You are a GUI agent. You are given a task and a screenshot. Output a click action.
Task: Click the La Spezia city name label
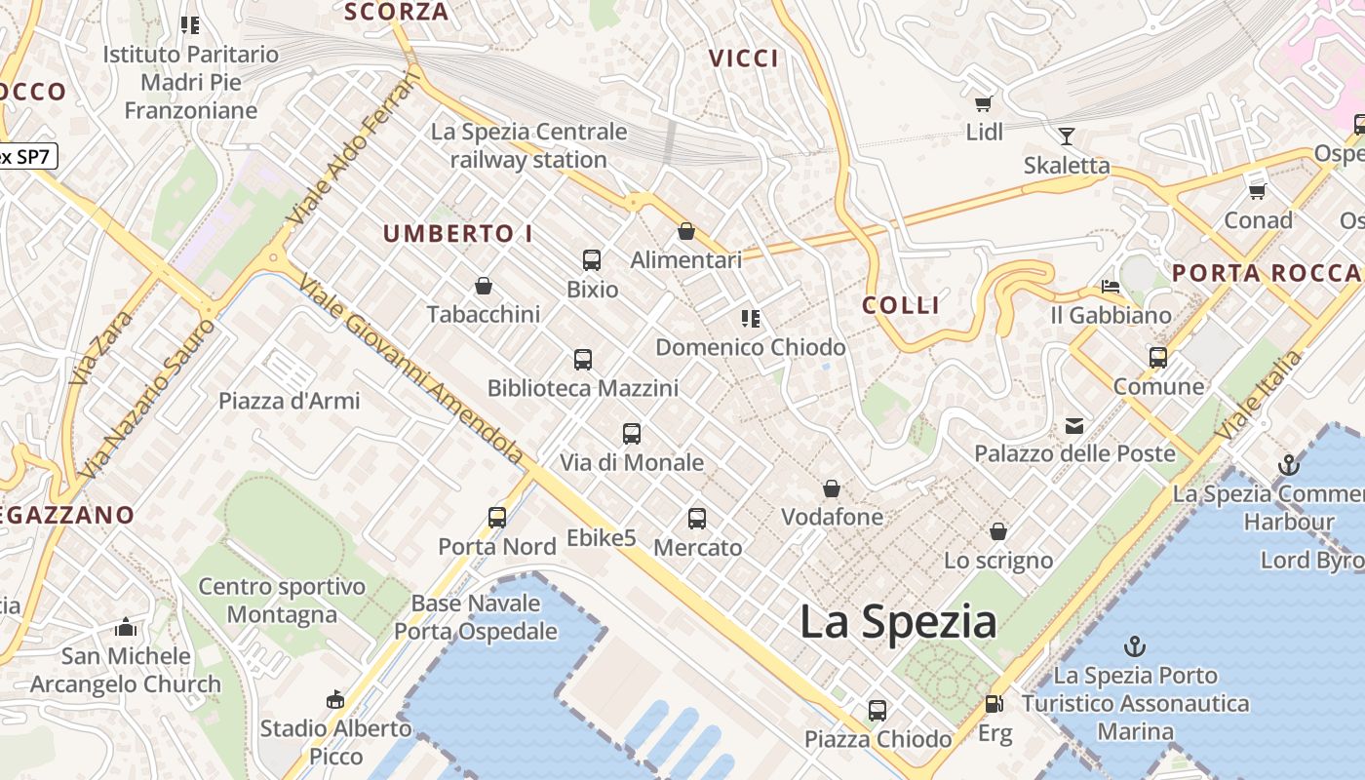click(x=898, y=622)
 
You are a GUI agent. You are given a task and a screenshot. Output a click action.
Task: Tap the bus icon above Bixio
click(x=592, y=260)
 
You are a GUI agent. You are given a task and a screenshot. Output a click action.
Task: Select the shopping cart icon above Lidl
click(x=984, y=102)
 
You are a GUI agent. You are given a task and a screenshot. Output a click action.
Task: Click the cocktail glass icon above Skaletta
click(x=1066, y=136)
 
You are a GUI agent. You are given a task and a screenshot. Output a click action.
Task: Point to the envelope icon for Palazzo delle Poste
click(x=1074, y=425)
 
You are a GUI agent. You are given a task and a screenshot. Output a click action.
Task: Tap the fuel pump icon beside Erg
click(x=994, y=703)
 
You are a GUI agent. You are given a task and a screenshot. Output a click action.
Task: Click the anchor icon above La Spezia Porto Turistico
click(x=1135, y=645)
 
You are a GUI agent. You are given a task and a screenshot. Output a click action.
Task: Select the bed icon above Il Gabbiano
click(x=1110, y=287)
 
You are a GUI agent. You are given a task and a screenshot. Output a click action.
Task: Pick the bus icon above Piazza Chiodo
click(x=877, y=711)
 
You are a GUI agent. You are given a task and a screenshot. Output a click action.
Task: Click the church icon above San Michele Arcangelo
click(x=125, y=627)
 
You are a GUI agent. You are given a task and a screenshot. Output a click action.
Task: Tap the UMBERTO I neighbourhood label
click(x=457, y=234)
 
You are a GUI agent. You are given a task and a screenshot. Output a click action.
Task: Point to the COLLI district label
click(x=901, y=305)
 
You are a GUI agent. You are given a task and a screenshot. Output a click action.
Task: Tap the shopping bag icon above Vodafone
click(x=832, y=488)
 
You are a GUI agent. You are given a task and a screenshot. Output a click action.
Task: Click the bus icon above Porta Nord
click(x=497, y=518)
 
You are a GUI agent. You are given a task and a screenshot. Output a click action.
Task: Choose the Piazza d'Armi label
click(x=289, y=401)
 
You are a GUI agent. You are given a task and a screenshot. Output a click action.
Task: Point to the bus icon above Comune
click(x=1158, y=358)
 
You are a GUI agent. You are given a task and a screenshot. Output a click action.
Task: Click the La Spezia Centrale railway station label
click(x=528, y=145)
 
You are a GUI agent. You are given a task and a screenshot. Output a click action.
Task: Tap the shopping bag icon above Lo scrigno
click(x=998, y=531)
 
